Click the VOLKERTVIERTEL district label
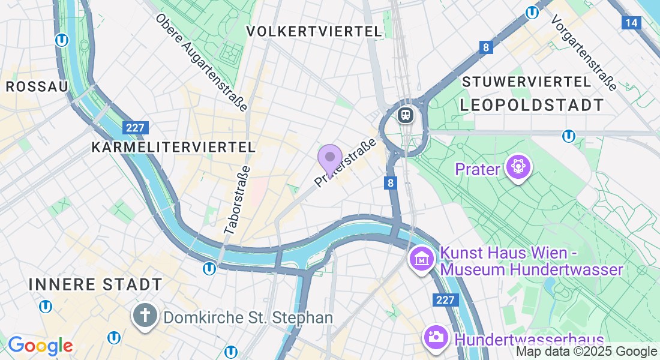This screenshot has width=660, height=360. pos(314,31)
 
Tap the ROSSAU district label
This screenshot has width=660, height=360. pos(37,86)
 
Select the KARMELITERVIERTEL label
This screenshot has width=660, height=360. pos(173,147)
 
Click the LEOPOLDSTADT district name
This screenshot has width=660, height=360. pos(532,105)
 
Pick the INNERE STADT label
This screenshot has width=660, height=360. pos(95,284)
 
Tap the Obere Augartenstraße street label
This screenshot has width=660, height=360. pos(202,62)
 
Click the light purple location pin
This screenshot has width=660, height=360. pos(329,159)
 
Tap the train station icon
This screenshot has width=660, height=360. pos(406,114)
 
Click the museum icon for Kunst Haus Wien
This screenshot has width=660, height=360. pos(421,259)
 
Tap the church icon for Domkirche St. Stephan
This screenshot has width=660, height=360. pos(145,316)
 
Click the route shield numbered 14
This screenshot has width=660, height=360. pos(631,23)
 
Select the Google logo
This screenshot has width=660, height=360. pos(40,346)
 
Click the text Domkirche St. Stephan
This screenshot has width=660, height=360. pos(248,317)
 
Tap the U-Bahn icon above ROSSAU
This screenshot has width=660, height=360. pos(61,40)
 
